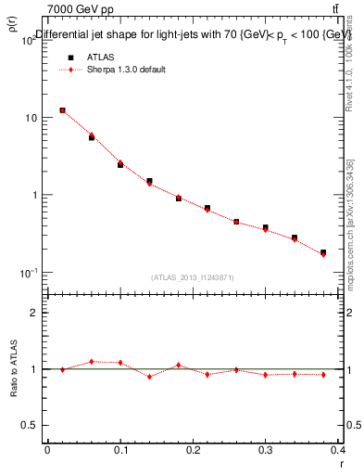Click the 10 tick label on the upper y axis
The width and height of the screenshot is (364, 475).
31,118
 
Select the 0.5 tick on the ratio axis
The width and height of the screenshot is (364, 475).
31,425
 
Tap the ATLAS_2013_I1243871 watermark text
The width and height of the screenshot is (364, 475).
193,277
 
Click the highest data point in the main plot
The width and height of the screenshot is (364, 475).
62,110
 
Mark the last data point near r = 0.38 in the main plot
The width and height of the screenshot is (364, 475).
323,252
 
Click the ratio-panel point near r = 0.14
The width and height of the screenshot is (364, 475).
149,376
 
